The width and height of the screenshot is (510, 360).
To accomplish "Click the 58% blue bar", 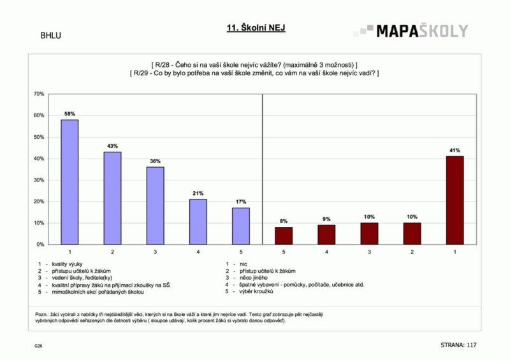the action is coord(69,182).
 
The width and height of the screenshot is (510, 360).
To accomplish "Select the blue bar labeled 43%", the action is coord(113,198).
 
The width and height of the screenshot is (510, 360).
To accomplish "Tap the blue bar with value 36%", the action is coord(155,206).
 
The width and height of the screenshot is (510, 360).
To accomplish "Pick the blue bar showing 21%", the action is coord(198,222).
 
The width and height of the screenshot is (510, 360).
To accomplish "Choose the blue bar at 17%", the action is coord(241,226).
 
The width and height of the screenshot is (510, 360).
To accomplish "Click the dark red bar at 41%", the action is coord(455,200).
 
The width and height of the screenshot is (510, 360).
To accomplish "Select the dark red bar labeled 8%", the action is coord(284,236).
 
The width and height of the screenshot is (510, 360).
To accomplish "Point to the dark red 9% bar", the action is coord(326,234).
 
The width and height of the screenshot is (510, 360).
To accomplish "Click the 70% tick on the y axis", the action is coord(39,94).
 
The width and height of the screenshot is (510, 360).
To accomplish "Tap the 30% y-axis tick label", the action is coord(39,180).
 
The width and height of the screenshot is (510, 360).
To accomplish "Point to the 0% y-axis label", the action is coord(40,245).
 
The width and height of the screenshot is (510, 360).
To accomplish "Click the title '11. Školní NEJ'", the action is coord(256,28).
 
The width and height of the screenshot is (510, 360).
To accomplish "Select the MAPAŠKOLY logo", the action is coord(411,31).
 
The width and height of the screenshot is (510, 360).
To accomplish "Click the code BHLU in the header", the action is coord(51,36).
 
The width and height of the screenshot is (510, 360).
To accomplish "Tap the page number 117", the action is coord(471,345).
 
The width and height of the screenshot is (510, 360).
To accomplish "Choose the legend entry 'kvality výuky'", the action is coord(67,264).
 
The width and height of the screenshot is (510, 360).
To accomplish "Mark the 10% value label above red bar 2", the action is coord(412,217).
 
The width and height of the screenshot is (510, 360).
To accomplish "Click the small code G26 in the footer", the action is coord(38,346).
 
